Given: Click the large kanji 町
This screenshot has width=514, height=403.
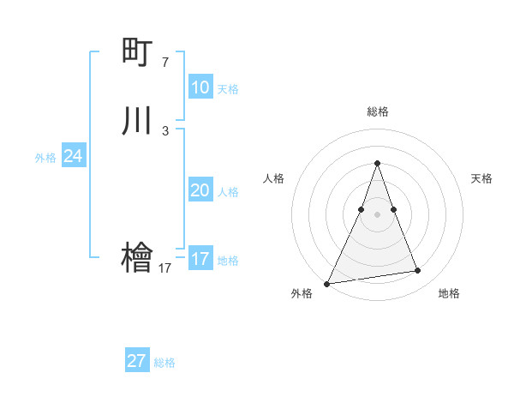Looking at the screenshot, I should pos(137,52).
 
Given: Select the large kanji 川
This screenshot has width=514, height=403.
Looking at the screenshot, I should pos(137,121).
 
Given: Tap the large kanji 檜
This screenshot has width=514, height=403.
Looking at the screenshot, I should pos(137,258).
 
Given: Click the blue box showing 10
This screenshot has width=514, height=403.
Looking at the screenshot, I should pos(200,87).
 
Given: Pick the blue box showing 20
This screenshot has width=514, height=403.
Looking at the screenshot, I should pos(200,190).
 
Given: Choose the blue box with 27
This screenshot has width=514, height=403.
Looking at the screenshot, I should pos(137,361).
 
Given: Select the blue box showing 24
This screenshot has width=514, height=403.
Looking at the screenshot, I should pos(74,156).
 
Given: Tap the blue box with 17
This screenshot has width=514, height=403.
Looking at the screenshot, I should pos(200,259).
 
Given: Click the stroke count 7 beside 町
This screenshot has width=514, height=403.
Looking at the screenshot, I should pos(164,63).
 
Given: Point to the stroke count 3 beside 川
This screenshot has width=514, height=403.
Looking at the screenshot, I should pos(164,131).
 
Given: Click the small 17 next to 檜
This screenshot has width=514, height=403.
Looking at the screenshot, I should pos(164,268).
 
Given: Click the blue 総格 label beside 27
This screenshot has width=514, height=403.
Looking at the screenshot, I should pos(164,363).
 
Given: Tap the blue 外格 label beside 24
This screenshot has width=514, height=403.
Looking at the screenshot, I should pos(45,158).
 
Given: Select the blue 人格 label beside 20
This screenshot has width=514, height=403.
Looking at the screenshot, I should pos(228,192).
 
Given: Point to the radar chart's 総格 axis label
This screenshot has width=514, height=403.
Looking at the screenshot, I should pos(377,111).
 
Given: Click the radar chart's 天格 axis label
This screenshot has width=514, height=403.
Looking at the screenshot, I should pos(481,178).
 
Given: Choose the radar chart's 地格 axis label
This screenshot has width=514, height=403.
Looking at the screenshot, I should pos(449,293).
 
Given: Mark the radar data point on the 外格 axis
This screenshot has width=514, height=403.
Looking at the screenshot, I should pos(326,284).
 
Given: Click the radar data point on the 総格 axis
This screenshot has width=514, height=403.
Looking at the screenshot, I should pos(377,163).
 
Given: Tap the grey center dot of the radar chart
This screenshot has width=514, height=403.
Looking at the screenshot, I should pos(377,214).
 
